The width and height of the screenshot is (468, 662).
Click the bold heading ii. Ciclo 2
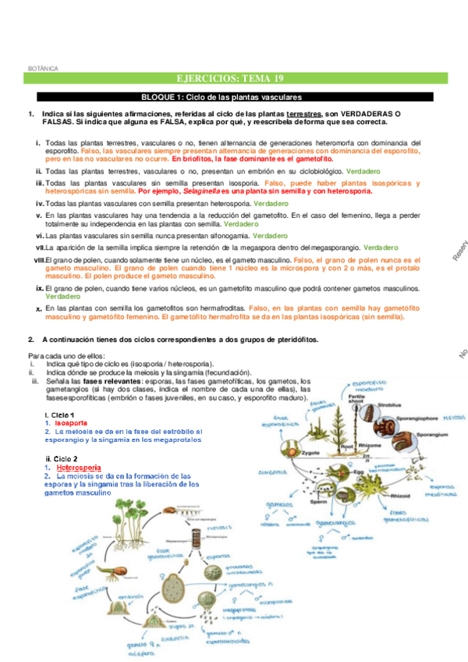point(62,458)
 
